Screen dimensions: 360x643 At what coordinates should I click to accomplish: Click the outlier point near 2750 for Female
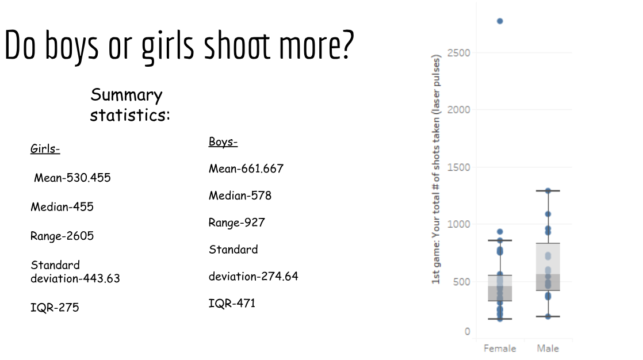[x=500, y=21]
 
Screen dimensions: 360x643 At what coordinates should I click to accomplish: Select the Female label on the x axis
[x=500, y=348]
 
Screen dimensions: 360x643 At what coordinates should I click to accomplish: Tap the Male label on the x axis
[x=548, y=348]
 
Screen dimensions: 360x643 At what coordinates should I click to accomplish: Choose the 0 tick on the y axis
[x=467, y=331]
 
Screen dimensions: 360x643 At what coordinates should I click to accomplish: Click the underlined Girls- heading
[x=45, y=150]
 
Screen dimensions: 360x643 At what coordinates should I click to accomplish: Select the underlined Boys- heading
[x=223, y=141]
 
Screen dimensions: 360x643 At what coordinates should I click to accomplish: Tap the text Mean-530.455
[x=72, y=178]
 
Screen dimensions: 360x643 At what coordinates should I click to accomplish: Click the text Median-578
[x=240, y=196]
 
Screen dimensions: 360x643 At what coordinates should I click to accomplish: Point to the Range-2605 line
[x=62, y=236]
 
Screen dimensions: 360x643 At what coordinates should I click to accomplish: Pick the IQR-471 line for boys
[x=232, y=303]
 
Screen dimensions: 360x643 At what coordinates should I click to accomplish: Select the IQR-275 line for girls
[x=55, y=307]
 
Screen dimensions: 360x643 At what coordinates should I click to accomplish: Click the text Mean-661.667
[x=246, y=168]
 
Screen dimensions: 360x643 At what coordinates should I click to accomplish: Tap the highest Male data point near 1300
[x=548, y=191]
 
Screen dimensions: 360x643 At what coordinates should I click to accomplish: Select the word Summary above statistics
[x=127, y=95]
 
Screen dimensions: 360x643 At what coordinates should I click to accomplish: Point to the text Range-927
[x=236, y=223]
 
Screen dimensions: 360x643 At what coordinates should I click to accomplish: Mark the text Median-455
[x=62, y=206]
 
